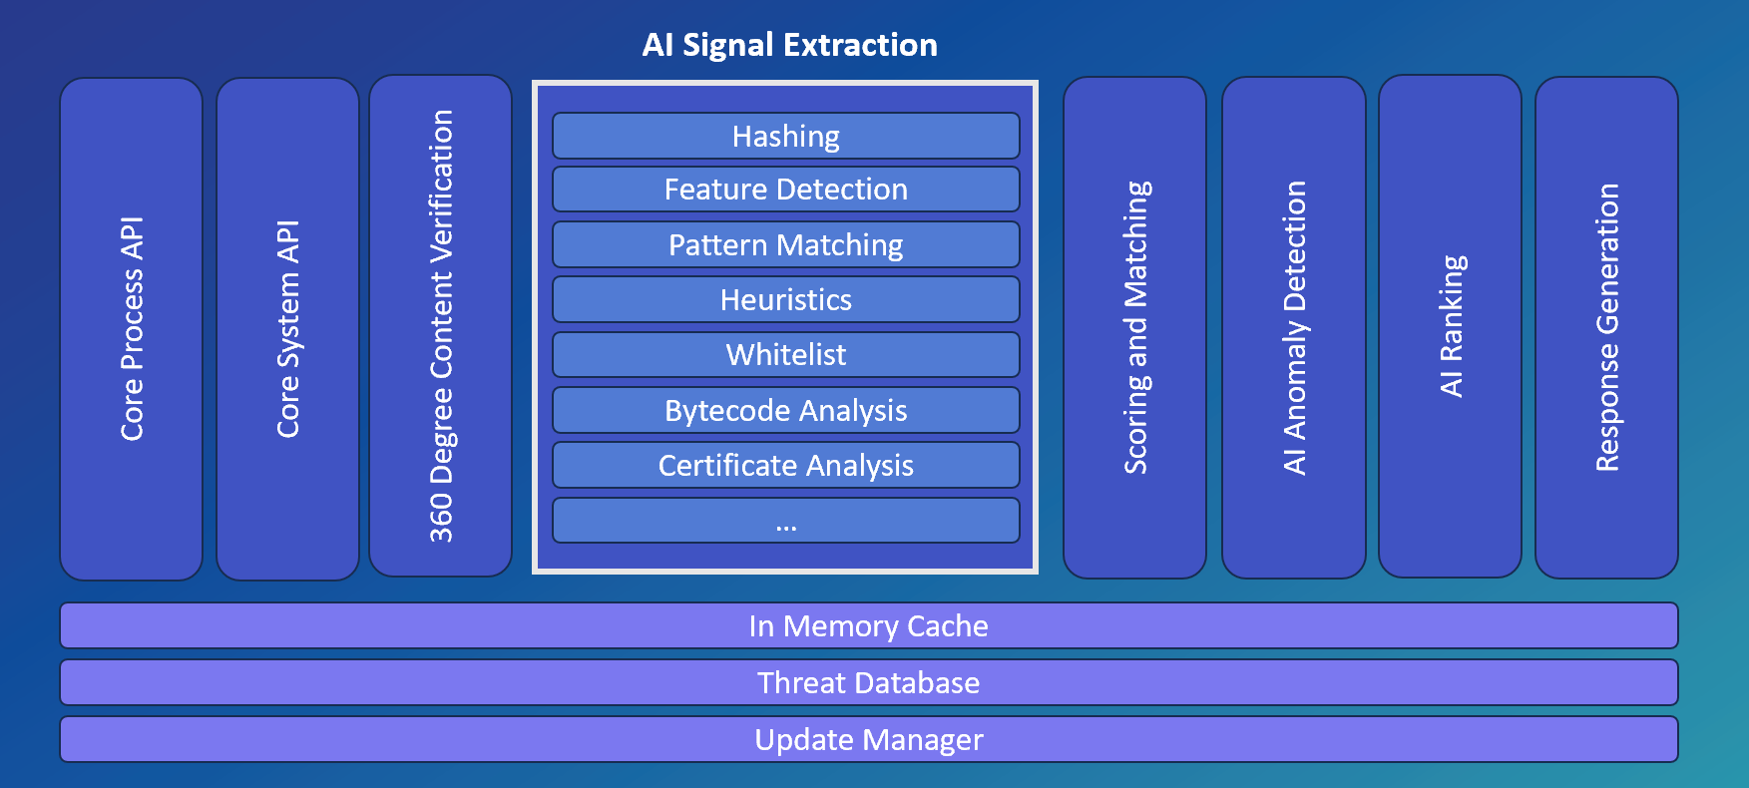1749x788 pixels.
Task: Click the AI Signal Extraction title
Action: [789, 45]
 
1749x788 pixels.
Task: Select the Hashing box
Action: [786, 136]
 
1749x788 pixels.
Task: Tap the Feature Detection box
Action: [786, 190]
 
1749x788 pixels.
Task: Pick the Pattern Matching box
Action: [786, 244]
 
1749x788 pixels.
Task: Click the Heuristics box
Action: [786, 299]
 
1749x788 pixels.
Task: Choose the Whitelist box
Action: [786, 354]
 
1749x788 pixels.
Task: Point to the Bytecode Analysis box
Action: [786, 410]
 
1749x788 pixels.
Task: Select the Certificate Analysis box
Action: [786, 465]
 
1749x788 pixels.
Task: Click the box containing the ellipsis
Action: [786, 521]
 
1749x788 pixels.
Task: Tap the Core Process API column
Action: [132, 329]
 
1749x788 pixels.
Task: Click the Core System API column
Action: [287, 329]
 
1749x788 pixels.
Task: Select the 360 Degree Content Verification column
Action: [441, 326]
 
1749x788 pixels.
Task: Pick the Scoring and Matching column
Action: [1135, 327]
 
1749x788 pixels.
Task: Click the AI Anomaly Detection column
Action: [1294, 327]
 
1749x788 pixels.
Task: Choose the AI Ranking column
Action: [1451, 326]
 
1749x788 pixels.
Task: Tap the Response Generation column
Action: [1606, 327]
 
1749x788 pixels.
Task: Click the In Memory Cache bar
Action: [869, 625]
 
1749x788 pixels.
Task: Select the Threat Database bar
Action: [869, 682]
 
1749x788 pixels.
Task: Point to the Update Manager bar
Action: [869, 739]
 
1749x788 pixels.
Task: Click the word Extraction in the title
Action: [860, 45]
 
